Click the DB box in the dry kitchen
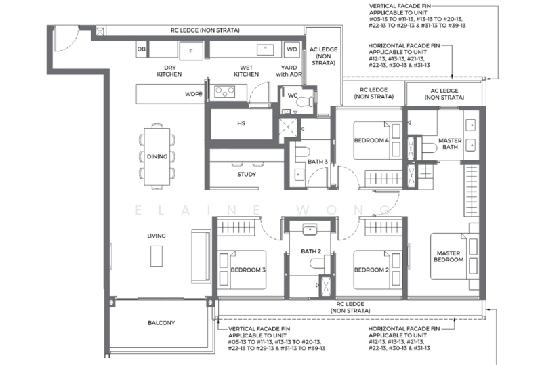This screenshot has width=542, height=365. point(142,49)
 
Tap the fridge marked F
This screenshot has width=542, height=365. point(191,51)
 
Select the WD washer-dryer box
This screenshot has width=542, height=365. point(292,49)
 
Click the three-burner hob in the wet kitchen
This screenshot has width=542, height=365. point(225,91)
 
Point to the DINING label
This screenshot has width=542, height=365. point(157,156)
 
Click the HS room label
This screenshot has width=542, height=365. point(241,123)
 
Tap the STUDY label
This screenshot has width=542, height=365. point(247,175)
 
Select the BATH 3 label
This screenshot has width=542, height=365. point(318,162)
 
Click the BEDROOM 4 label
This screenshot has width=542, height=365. point(371,140)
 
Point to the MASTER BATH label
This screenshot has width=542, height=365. point(450,144)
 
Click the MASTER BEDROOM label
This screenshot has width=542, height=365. point(449,257)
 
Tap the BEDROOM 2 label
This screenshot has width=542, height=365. point(371,270)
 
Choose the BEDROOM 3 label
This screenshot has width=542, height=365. point(248,270)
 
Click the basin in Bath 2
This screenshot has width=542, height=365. point(310,230)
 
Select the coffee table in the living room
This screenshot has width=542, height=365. point(157,256)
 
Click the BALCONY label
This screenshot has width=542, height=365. point(161,323)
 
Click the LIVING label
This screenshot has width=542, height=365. point(157,236)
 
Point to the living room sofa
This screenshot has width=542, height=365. point(201,256)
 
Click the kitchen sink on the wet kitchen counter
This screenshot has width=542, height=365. point(266,50)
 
